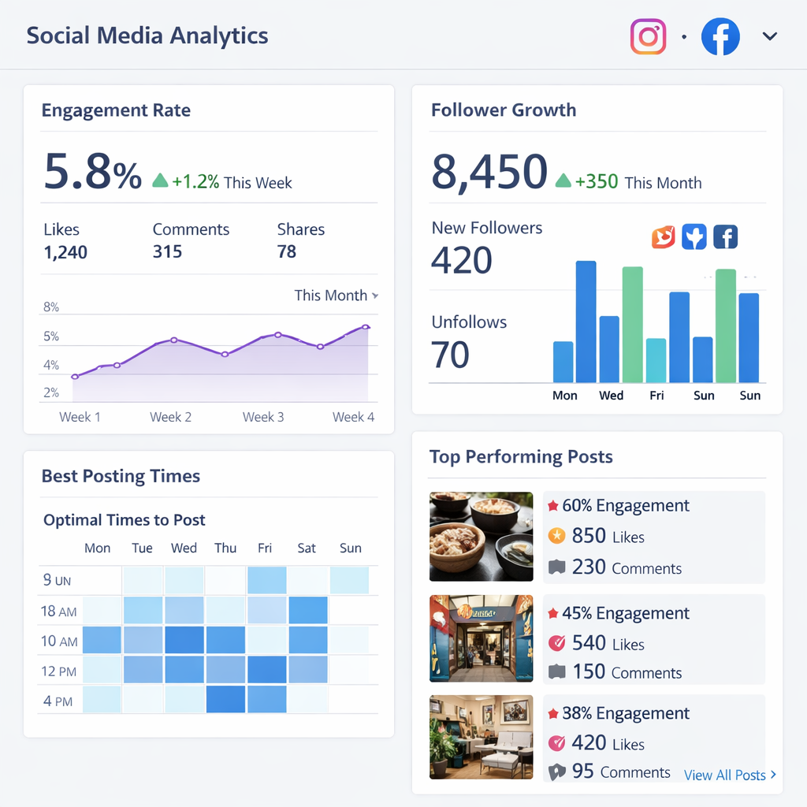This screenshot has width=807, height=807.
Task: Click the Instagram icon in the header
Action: tap(648, 37)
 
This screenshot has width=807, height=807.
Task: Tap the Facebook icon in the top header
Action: tap(720, 37)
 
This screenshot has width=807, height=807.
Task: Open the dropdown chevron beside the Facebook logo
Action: tap(770, 36)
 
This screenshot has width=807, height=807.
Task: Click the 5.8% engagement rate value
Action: tap(92, 172)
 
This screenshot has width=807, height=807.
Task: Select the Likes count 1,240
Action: tap(65, 253)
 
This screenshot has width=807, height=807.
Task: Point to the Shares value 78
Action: tap(287, 252)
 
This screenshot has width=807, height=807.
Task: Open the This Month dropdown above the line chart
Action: tap(336, 296)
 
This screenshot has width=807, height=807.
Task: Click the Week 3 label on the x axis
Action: tap(263, 417)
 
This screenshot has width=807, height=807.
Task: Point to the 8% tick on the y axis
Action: tap(51, 307)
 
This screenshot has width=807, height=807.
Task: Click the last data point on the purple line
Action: tap(366, 326)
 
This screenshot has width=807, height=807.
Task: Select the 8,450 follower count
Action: tap(489, 173)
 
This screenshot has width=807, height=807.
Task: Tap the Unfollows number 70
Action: tap(450, 355)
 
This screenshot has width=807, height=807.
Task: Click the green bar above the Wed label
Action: tap(632, 324)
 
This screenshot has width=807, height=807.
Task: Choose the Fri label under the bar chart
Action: tap(656, 396)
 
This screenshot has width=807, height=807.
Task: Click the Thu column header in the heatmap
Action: tap(225, 549)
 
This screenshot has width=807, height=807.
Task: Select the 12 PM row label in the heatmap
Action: tap(59, 671)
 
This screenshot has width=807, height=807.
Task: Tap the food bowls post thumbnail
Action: tap(481, 537)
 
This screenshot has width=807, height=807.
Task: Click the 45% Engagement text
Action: tap(625, 613)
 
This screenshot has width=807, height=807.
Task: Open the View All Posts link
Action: tap(730, 775)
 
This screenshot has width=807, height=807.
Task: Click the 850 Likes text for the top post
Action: tap(608, 537)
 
